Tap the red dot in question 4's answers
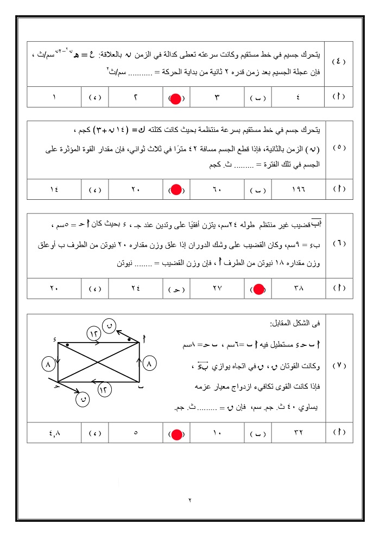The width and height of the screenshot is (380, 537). point(176,98)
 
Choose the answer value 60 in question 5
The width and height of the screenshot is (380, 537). point(217,190)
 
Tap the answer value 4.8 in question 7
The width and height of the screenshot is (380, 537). point(54,434)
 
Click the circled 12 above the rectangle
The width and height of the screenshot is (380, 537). point(93,333)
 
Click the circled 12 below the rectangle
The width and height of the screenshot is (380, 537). point(106,389)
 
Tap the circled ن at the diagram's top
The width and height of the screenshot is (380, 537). point(110,325)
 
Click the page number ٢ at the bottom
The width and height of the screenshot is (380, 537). point(191,500)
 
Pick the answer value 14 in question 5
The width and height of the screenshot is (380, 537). point(54,190)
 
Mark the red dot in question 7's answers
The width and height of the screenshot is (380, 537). point(176,434)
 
